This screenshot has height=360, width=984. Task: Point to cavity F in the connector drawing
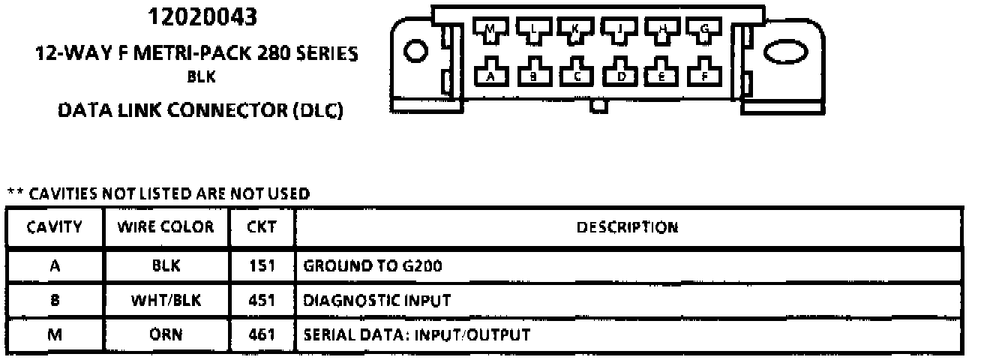click(704, 73)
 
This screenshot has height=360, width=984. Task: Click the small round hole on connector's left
click(414, 52)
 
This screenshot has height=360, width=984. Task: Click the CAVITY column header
click(54, 226)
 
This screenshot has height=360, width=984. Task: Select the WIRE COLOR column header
click(165, 226)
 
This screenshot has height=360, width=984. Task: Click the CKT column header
click(261, 226)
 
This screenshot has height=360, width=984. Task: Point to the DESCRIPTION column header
click(627, 226)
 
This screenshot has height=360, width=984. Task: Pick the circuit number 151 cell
click(261, 265)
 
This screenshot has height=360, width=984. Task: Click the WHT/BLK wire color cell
click(165, 301)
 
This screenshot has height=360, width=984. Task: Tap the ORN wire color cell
click(165, 335)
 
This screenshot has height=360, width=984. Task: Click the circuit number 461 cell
click(261, 335)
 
